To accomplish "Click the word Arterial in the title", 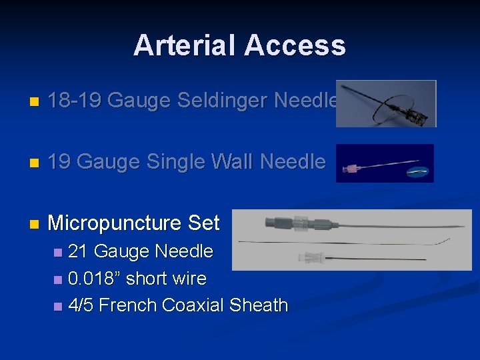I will tap(185, 45).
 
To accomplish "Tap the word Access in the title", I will tap(295, 45).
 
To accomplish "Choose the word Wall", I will tap(234, 162).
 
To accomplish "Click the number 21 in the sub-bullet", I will tap(79, 251).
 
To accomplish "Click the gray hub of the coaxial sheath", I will tap(277, 222).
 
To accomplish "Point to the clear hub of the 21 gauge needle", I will tap(311, 257).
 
